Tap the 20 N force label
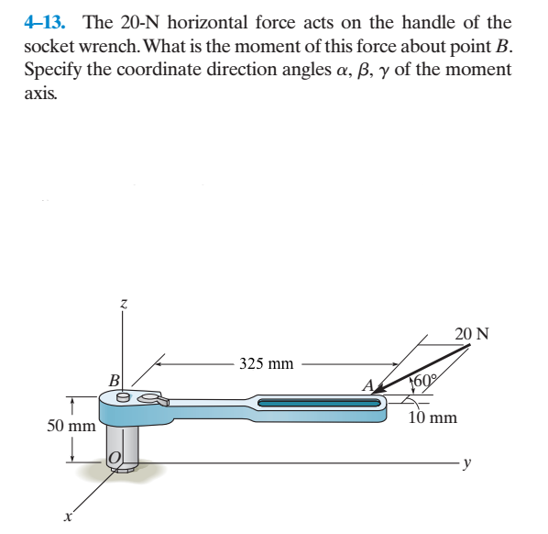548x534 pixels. pos(470,334)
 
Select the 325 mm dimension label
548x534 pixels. pos(266,363)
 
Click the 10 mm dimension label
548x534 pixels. pos(433,418)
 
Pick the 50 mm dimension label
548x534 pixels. pos(71,427)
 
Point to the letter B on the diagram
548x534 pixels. pos(114,380)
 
